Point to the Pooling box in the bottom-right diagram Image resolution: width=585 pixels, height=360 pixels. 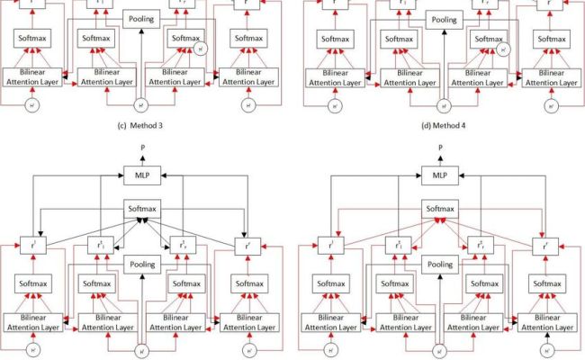tap(439, 265)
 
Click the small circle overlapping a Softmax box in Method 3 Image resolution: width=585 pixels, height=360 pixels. tap(200, 49)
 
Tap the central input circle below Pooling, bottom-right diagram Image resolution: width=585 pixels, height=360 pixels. tap(439, 349)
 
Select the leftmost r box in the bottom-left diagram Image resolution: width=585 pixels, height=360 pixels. tap(31, 245)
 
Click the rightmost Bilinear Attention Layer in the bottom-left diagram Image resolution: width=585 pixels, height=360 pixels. tap(249, 322)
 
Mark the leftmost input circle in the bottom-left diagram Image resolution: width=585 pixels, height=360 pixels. tap(31, 349)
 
